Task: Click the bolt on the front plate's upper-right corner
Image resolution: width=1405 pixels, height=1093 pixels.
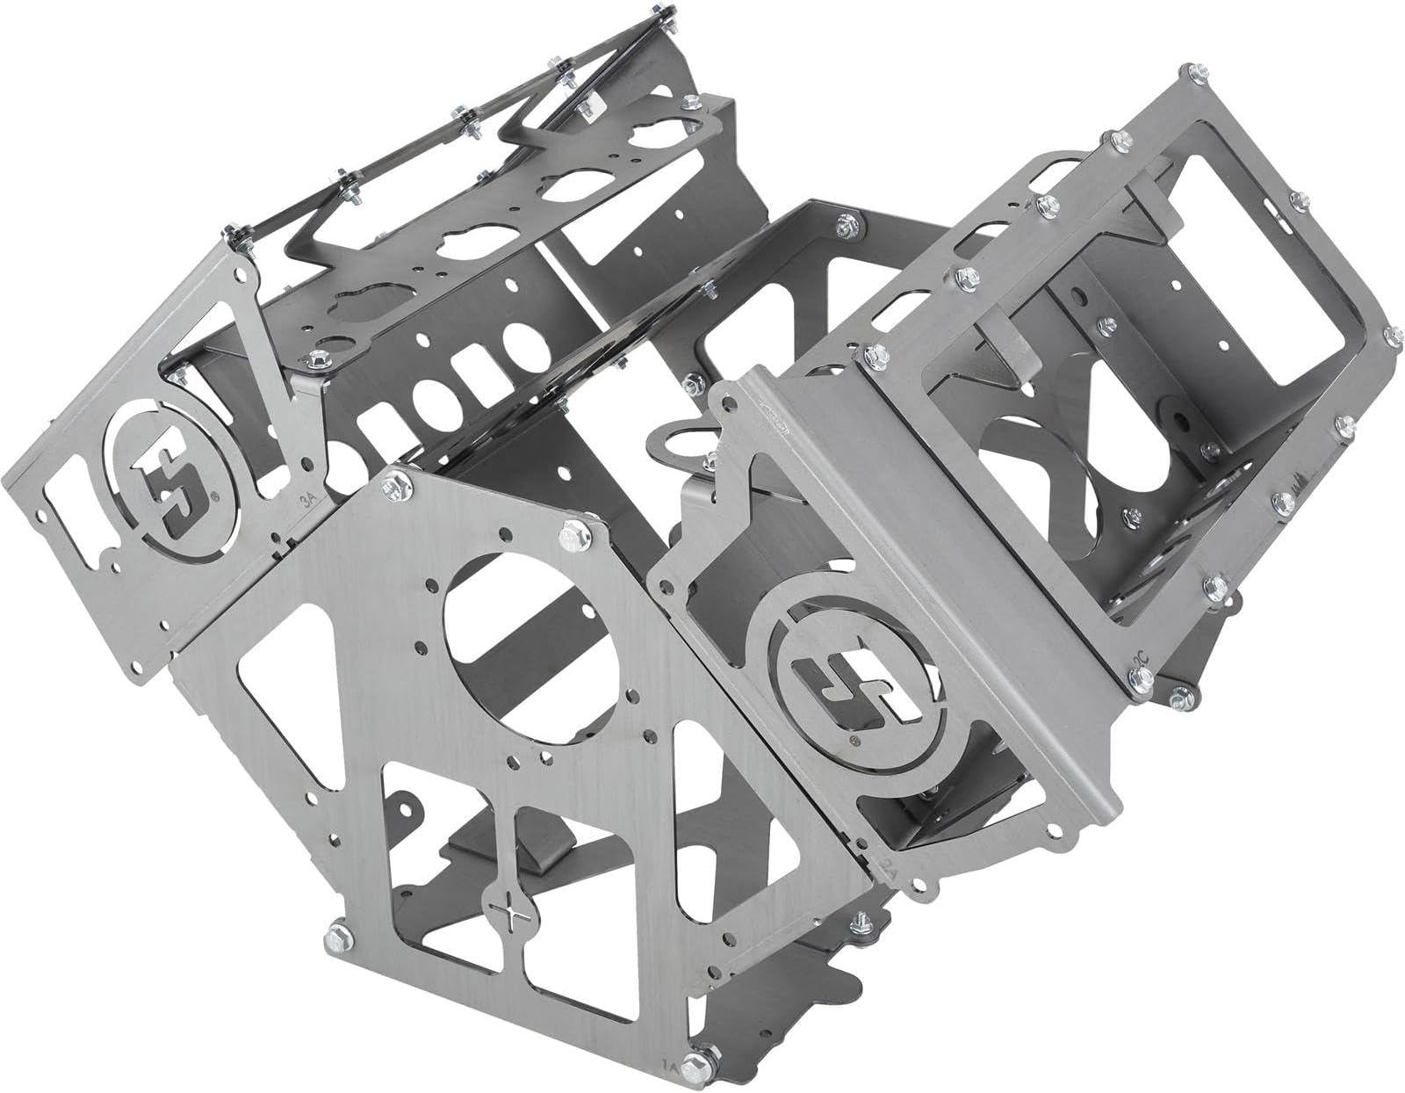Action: tap(572, 533)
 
